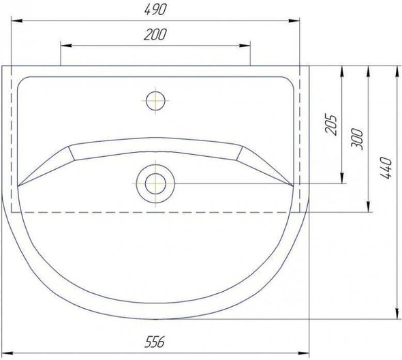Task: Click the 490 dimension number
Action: point(155,10)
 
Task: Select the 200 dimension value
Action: point(155,34)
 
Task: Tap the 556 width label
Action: point(155,342)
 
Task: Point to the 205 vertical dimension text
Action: point(330,124)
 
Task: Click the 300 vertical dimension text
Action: point(357,139)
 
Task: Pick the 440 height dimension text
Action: point(386,168)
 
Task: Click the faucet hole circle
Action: point(155,101)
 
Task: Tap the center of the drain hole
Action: point(155,183)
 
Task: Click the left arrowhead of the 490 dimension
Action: point(17,20)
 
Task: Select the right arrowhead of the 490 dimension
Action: point(294,20)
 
